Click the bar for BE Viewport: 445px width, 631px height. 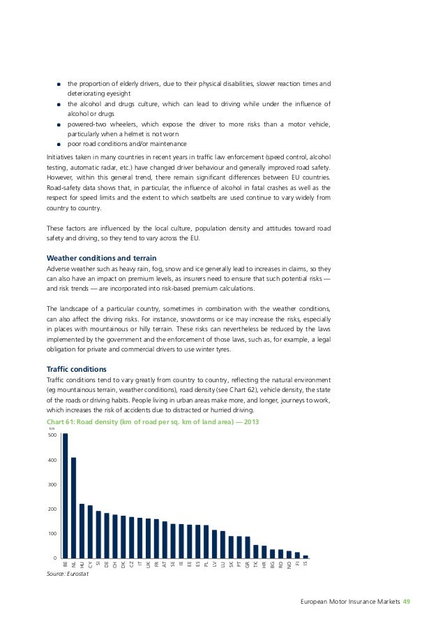(x=66, y=495)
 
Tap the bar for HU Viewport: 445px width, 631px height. (x=82, y=530)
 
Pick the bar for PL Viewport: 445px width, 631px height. (x=206, y=541)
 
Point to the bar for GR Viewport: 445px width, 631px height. (x=248, y=546)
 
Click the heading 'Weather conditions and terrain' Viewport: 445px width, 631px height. (x=97, y=258)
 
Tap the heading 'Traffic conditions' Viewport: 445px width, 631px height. (x=76, y=368)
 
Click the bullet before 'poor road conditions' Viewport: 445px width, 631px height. (x=60, y=144)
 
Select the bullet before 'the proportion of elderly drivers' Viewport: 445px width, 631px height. (x=60, y=85)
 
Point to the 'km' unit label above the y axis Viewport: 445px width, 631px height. (x=52, y=428)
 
